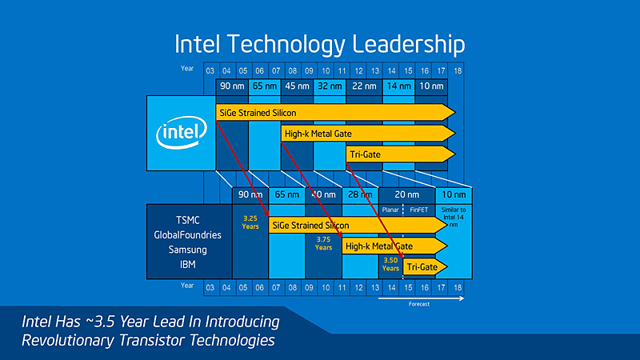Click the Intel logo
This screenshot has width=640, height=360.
[181, 132]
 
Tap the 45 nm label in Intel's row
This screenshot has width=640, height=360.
[297, 86]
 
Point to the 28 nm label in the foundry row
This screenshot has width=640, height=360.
[359, 194]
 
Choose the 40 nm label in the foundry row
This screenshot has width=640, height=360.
[323, 194]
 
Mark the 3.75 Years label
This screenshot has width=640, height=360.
[323, 243]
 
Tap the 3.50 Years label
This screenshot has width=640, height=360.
[390, 264]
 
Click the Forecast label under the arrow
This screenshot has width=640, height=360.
[420, 305]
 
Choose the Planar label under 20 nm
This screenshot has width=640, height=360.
[390, 210]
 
